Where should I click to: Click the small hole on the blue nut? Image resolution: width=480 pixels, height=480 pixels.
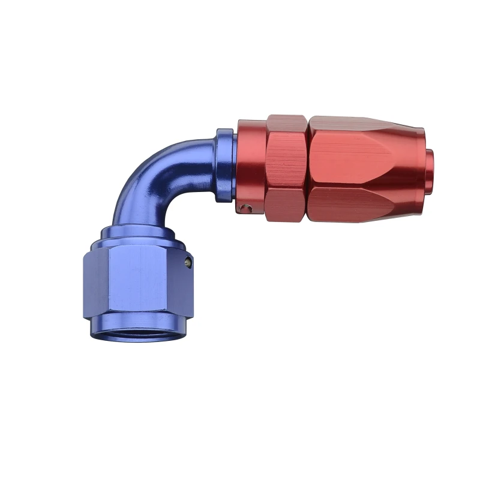pyautogui.click(x=188, y=262)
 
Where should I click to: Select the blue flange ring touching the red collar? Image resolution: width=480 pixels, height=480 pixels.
pyautogui.click(x=224, y=165)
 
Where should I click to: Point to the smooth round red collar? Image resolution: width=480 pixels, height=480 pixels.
pyautogui.click(x=251, y=162)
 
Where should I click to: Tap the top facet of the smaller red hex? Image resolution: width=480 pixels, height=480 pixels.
pyautogui.click(x=286, y=124)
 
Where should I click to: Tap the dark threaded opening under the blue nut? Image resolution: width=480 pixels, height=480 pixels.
pyautogui.click(x=139, y=332)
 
